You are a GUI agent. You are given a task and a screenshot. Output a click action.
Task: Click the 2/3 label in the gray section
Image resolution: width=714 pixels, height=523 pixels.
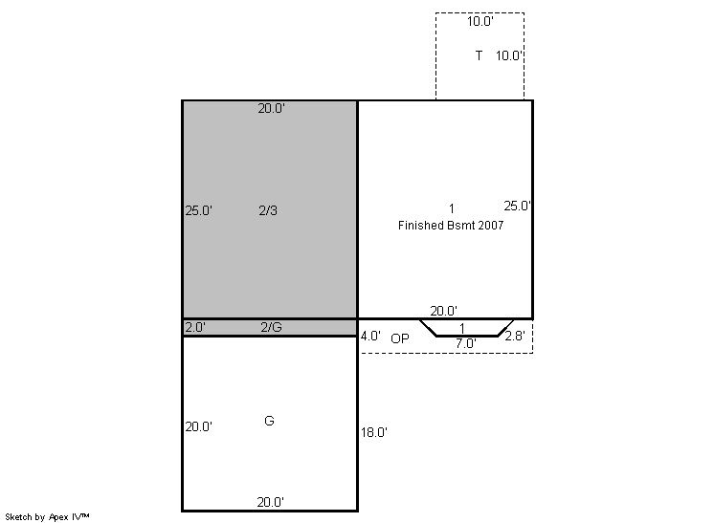pyautogui.click(x=268, y=210)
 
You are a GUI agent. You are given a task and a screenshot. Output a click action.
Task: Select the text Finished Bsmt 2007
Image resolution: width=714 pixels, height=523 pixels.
pyautogui.click(x=451, y=225)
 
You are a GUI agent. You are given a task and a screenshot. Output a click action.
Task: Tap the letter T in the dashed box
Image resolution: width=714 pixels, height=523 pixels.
pyautogui.click(x=479, y=55)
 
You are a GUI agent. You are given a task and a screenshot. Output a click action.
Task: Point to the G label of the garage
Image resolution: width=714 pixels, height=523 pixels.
pyautogui.click(x=269, y=421)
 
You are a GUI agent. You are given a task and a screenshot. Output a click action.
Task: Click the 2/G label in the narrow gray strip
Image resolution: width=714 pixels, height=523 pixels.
pyautogui.click(x=272, y=327)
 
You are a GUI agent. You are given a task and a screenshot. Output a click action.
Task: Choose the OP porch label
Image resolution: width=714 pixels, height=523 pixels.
pyautogui.click(x=400, y=338)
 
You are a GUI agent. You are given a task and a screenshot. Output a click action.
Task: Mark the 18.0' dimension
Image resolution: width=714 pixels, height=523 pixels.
pyautogui.click(x=374, y=432)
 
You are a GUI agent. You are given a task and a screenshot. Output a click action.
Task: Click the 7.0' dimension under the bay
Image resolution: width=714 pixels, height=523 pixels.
pyautogui.click(x=465, y=343)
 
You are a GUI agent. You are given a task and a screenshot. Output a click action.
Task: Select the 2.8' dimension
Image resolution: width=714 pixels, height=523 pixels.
pyautogui.click(x=515, y=336)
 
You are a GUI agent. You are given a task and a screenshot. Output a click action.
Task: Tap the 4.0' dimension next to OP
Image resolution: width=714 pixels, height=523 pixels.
pyautogui.click(x=370, y=337)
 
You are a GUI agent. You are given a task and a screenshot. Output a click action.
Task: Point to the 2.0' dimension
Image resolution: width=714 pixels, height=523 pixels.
pyautogui.click(x=195, y=327)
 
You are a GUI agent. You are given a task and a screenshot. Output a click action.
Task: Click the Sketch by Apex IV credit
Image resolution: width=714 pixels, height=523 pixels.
pyautogui.click(x=47, y=516)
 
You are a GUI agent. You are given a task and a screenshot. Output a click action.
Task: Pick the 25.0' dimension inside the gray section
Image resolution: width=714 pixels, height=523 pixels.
pyautogui.click(x=198, y=210)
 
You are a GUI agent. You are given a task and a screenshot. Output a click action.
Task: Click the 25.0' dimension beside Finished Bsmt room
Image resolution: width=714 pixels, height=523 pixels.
pyautogui.click(x=517, y=206)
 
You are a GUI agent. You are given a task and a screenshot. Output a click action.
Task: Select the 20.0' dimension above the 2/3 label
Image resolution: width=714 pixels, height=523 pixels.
pyautogui.click(x=272, y=108)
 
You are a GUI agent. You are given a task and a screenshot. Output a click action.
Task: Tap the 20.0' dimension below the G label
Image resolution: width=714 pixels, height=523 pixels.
pyautogui.click(x=271, y=502)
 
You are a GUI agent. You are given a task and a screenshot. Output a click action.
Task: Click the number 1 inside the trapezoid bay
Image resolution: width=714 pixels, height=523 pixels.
pyautogui.click(x=462, y=328)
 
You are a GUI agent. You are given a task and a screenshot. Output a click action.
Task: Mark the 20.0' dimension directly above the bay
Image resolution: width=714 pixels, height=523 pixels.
pyautogui.click(x=443, y=311)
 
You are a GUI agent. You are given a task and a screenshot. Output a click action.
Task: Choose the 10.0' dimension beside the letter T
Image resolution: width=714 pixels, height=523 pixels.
pyautogui.click(x=509, y=55)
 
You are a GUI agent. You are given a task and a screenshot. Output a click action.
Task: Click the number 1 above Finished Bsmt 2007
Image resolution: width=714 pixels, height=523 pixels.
pyautogui.click(x=451, y=208)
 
